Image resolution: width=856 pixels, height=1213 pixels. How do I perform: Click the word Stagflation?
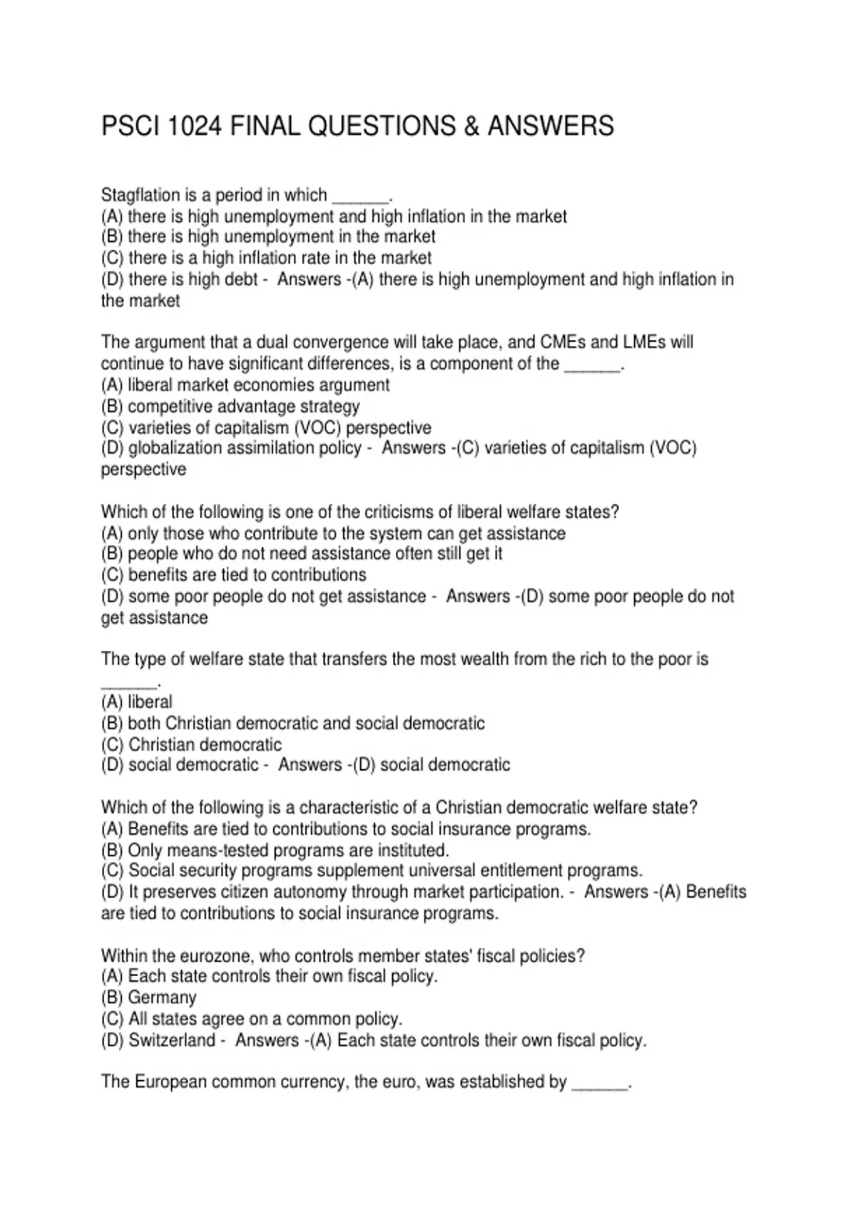click(140, 195)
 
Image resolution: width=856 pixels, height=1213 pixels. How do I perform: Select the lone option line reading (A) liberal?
click(137, 702)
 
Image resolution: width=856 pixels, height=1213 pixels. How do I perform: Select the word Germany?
click(162, 998)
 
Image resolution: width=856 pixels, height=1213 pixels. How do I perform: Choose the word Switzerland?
click(171, 1040)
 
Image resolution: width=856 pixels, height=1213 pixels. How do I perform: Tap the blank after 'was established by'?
click(599, 1083)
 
